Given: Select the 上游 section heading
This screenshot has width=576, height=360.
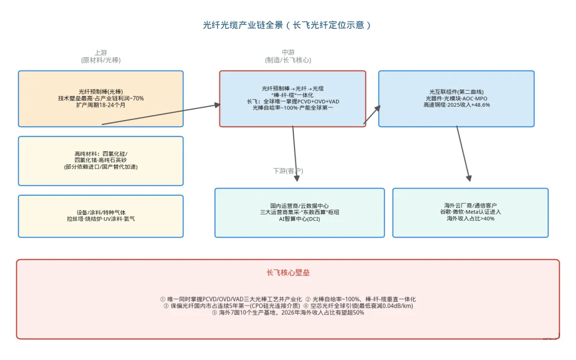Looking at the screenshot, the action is point(101,52).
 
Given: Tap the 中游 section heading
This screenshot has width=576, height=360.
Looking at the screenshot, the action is point(288,52).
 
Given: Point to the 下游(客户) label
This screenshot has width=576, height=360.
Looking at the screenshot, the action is point(288,171).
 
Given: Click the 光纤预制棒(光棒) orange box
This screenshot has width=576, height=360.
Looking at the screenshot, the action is point(101,99).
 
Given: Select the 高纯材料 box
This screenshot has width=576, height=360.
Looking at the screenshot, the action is point(101,161).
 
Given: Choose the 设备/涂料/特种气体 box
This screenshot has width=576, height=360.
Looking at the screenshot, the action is point(101,216).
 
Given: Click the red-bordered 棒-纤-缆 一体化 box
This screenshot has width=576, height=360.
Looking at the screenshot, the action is point(293,99).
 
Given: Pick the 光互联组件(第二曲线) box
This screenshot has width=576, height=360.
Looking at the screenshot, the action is point(456,99).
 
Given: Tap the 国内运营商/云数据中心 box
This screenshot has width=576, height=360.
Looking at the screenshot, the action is point(300,213).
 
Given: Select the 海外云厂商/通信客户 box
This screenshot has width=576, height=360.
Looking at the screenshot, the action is point(470,213).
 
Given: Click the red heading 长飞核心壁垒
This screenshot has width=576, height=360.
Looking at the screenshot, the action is point(288,273).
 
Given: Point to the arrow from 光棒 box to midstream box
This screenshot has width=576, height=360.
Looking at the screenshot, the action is point(161,115).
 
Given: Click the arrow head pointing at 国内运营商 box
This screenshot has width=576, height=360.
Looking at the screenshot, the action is point(297,179).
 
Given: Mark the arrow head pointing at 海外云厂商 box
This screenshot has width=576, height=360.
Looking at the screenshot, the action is point(469,178).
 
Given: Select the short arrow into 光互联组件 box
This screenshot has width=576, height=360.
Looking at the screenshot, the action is point(372,115).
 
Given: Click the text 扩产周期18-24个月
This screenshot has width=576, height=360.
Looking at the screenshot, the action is point(101,105).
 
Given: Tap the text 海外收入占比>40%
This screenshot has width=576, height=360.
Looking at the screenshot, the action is point(470,219).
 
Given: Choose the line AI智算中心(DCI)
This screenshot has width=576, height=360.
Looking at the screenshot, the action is point(299,219).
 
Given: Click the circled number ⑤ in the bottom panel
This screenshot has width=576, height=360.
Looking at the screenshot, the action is point(214,313).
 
